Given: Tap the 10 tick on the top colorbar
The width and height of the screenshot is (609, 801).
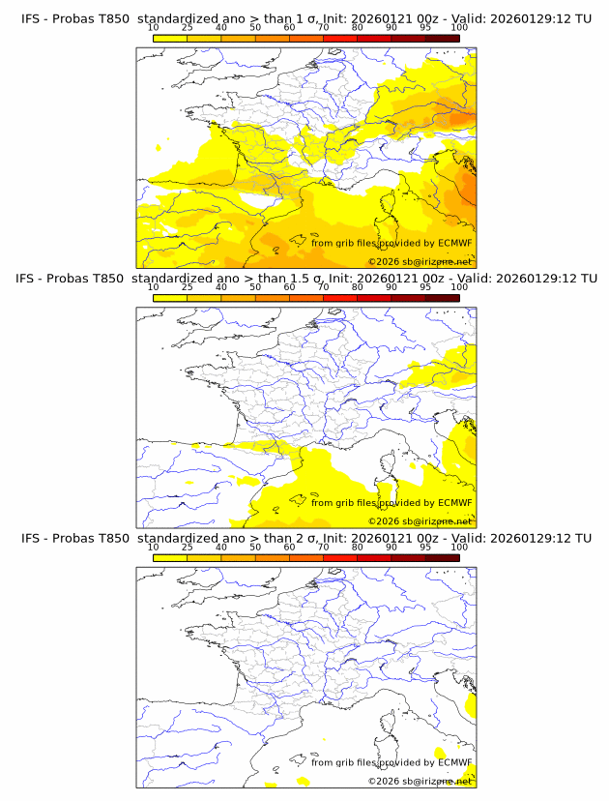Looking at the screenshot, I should [x=153, y=27].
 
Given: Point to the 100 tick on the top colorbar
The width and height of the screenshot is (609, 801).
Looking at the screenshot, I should [x=459, y=27].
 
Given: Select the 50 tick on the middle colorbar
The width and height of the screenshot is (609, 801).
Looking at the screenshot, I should [x=255, y=287].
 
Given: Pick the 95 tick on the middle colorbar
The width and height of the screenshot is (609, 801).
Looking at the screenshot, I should [x=425, y=287].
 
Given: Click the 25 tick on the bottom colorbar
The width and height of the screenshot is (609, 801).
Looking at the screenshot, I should [x=187, y=548].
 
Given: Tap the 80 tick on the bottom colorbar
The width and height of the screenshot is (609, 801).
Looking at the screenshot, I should [x=358, y=548].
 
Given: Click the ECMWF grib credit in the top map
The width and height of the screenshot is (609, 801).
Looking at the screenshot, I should [x=391, y=243].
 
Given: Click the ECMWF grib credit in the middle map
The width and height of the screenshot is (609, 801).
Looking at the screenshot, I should [x=391, y=503].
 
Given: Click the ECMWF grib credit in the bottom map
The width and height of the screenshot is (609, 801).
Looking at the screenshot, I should [x=391, y=762].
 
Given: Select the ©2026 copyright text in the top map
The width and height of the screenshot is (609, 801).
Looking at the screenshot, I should [x=420, y=261].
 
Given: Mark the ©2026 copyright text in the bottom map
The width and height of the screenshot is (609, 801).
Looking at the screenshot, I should [x=420, y=781].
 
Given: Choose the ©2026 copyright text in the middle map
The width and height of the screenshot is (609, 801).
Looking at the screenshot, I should [x=420, y=520].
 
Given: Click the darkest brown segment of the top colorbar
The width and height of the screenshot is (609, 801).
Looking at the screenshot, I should [x=442, y=38].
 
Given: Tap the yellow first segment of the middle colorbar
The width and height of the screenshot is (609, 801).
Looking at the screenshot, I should [x=169, y=298].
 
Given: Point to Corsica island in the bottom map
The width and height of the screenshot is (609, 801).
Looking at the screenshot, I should [x=386, y=726].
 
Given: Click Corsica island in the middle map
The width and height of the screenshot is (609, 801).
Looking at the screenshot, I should [x=386, y=465].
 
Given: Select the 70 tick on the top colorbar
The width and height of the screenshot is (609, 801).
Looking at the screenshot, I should [x=323, y=27].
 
